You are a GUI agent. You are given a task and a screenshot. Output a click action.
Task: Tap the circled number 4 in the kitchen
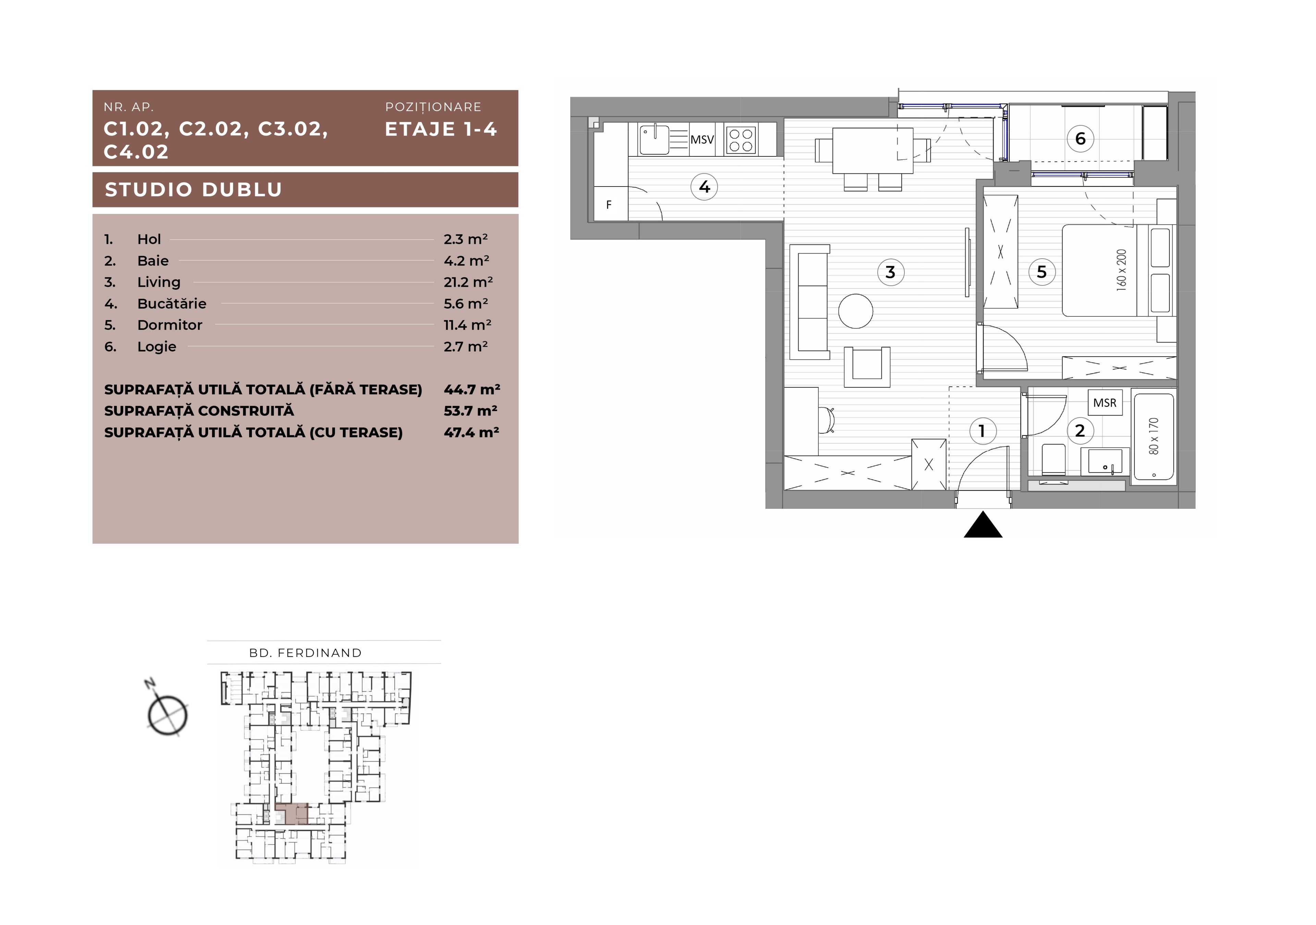click(704, 187)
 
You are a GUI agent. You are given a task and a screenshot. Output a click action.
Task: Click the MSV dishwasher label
click(702, 139)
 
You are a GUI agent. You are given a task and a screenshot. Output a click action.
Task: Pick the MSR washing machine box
click(1105, 403)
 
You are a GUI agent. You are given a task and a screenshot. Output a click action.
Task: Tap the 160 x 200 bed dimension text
click(1122, 270)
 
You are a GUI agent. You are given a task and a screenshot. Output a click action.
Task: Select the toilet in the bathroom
click(1052, 459)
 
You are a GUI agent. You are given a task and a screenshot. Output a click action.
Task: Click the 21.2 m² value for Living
click(468, 282)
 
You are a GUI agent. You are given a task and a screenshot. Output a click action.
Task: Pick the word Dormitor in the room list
click(170, 325)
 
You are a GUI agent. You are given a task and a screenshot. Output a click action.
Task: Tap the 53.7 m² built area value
click(471, 411)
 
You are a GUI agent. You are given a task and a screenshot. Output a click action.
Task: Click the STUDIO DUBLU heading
click(194, 190)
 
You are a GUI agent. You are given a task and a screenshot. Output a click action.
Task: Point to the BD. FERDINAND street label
click(305, 652)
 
